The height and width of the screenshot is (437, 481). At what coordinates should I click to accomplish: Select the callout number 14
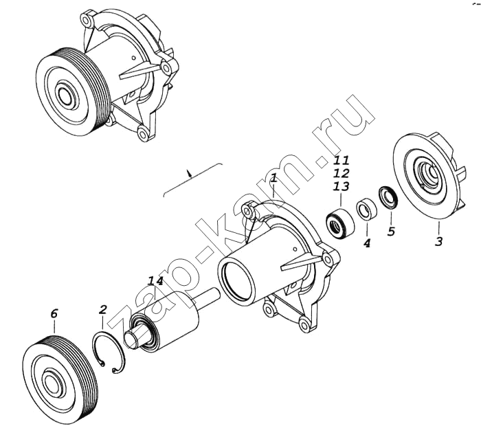pyautogui.click(x=155, y=280)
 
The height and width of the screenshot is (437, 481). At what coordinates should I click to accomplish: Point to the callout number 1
pyautogui.click(x=273, y=179)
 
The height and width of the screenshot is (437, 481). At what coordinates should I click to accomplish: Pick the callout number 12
pyautogui.click(x=341, y=174)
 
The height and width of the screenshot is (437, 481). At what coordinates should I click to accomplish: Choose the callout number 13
pyautogui.click(x=341, y=186)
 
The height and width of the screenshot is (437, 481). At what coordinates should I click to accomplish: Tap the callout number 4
pyautogui.click(x=367, y=243)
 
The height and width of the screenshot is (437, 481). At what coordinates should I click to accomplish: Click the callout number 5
pyautogui.click(x=391, y=231)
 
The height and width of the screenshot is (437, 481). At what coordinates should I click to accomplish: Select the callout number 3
pyautogui.click(x=438, y=240)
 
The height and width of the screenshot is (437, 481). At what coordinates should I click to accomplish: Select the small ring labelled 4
pyautogui.click(x=366, y=210)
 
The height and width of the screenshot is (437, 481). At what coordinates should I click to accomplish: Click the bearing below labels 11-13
pyautogui.click(x=339, y=221)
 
